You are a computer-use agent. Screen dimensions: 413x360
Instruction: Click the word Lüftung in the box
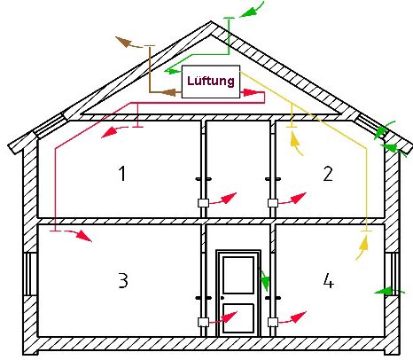click(211, 81)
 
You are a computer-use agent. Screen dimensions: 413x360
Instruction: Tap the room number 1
click(122, 174)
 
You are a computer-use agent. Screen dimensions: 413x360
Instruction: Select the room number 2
click(328, 174)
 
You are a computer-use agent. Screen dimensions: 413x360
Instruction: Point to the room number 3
click(123, 280)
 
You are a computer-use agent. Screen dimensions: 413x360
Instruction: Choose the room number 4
click(328, 280)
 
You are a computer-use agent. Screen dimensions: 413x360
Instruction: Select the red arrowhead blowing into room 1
click(108, 132)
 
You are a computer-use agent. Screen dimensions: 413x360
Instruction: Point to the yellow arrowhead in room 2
click(296, 139)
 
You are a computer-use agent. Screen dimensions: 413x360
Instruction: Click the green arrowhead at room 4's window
click(383, 292)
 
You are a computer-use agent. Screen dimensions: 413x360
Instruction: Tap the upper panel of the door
click(238, 275)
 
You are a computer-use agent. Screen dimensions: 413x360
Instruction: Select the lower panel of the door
click(238, 317)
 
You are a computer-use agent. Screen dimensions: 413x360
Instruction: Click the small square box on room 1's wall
click(203, 203)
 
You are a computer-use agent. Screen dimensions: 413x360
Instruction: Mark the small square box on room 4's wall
click(273, 322)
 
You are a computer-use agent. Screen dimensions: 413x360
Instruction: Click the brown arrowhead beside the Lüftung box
click(169, 92)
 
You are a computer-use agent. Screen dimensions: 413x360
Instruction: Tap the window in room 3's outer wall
click(29, 274)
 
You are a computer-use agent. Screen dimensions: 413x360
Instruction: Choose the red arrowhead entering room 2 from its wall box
click(299, 198)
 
